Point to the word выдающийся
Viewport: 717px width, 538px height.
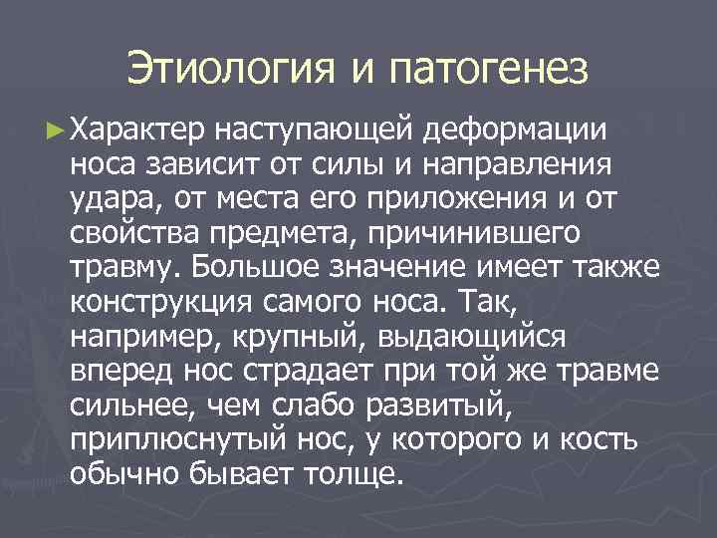469,336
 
